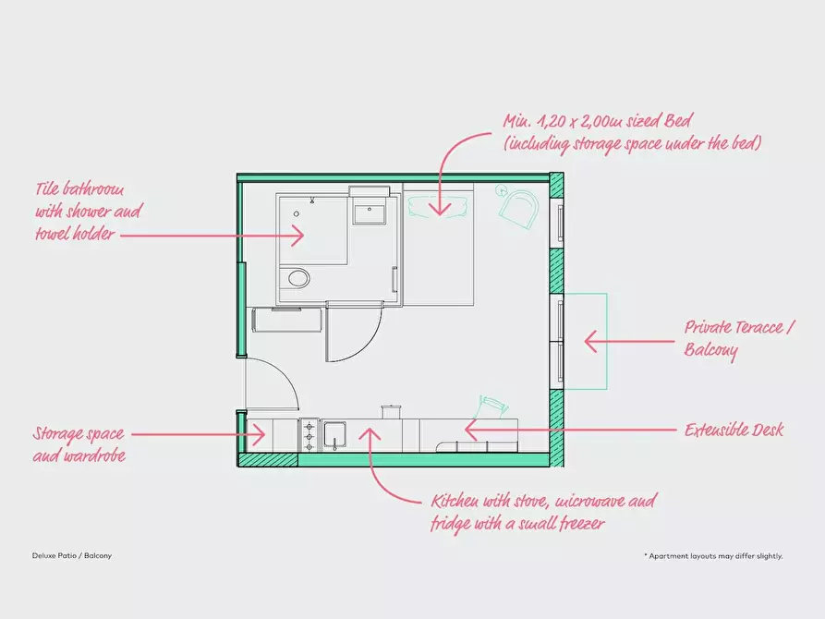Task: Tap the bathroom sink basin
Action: (370, 214)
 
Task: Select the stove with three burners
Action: (309, 435)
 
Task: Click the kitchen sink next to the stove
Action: (334, 435)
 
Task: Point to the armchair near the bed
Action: (519, 207)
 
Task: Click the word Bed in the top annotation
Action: (676, 121)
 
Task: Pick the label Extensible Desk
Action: (734, 430)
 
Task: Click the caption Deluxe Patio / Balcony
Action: (72, 555)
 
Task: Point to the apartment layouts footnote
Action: (713, 556)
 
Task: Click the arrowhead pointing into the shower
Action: (298, 236)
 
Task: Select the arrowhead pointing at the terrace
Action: (590, 341)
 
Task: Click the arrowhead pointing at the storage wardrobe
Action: (259, 435)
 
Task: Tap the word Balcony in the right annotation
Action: (710, 350)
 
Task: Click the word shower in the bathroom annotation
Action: (85, 212)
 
